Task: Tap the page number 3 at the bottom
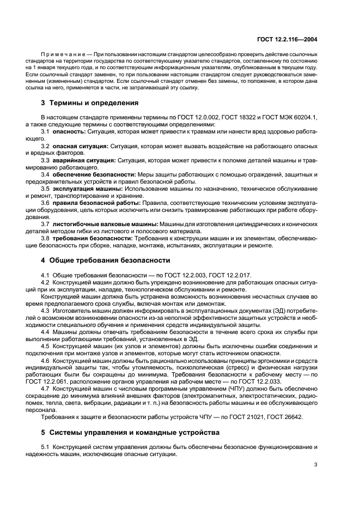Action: tap(316, 465)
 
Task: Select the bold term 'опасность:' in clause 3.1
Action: tap(70, 132)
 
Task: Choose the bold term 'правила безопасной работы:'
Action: tap(96, 203)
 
